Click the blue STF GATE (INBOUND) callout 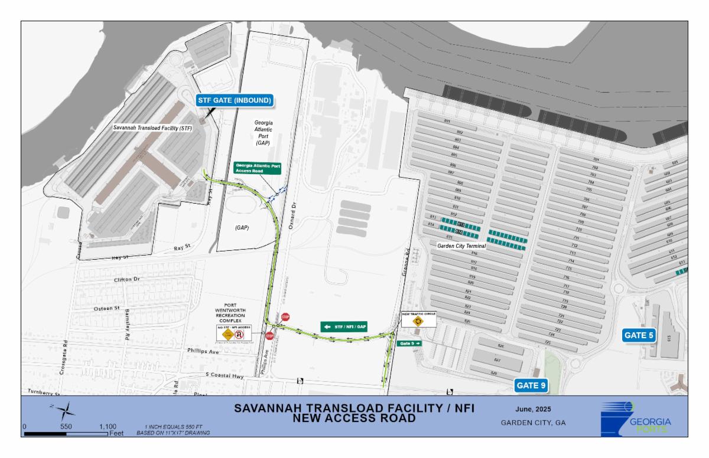[x=235, y=101]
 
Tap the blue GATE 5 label [x=639, y=335]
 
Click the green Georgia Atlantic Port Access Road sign [x=257, y=168]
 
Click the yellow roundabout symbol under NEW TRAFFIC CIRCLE [x=419, y=322]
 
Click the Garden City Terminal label [x=461, y=245]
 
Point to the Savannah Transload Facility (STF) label [x=152, y=127]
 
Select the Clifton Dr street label [x=126, y=280]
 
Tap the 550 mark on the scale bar [x=66, y=426]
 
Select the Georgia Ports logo [x=636, y=418]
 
